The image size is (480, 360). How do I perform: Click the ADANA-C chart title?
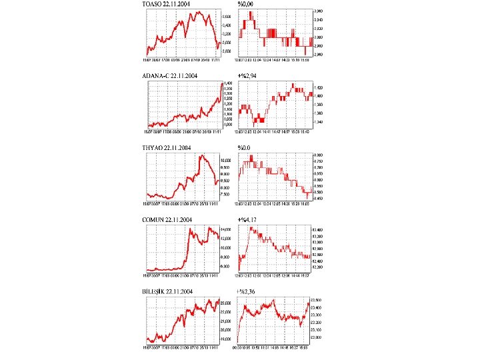pyautogui.click(x=171, y=76)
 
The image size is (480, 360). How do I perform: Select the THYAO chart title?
pyautogui.click(x=167, y=147)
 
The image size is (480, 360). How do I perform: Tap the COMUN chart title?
pyautogui.click(x=168, y=219)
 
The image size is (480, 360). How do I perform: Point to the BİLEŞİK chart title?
pyautogui.click(x=168, y=291)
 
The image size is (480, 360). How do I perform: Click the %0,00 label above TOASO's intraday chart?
pyautogui.click(x=245, y=4)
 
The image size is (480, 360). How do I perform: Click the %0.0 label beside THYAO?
pyautogui.click(x=244, y=147)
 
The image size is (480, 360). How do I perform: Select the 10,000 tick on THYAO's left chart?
pyautogui.click(x=225, y=161)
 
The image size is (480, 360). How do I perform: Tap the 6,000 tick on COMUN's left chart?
pyautogui.click(x=225, y=266)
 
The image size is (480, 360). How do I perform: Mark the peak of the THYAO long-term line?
pyautogui.click(x=202, y=155)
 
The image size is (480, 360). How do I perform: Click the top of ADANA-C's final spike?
pyautogui.click(x=222, y=84)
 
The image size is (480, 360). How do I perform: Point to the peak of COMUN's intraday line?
pyautogui.click(x=251, y=227)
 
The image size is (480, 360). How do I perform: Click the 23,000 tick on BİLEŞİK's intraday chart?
pyautogui.click(x=317, y=338)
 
